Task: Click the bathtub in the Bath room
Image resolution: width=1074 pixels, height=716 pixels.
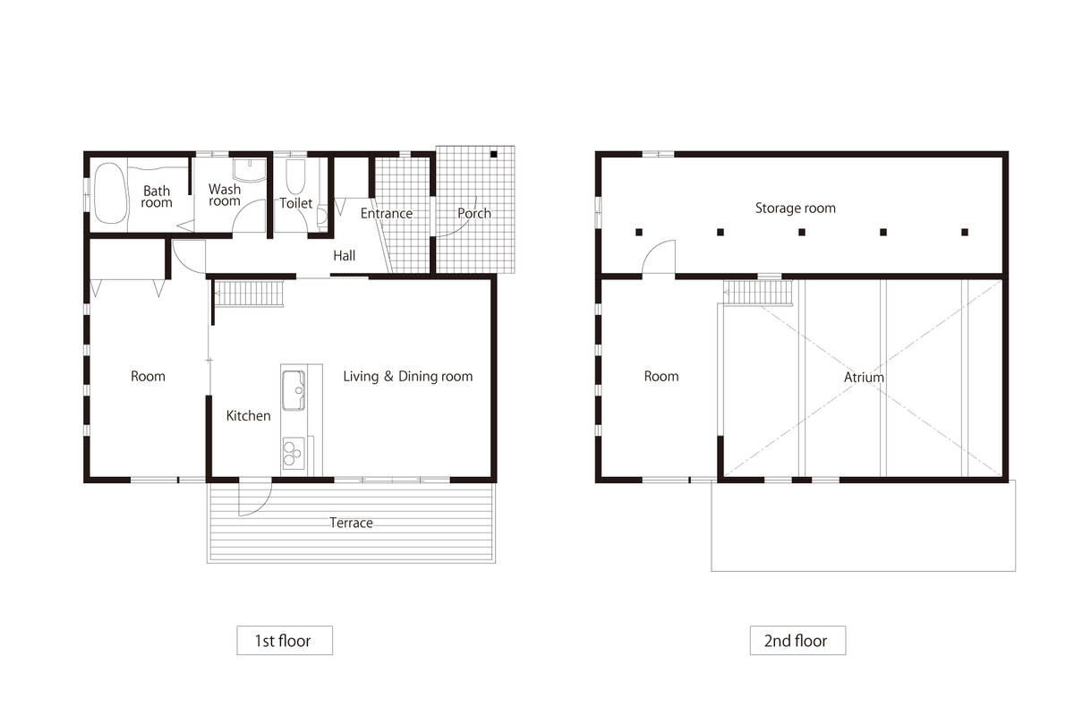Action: (110, 192)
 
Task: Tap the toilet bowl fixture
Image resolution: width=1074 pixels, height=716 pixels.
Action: (296, 176)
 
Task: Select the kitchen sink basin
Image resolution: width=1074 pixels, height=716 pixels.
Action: (294, 390)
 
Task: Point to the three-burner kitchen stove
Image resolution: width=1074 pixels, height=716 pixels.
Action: (293, 453)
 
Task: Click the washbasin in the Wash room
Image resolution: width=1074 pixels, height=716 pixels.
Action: (250, 170)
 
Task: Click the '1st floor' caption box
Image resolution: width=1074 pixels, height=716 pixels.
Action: (285, 640)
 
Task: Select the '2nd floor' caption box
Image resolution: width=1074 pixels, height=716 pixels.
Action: (797, 640)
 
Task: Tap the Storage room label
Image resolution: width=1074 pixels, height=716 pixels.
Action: (796, 209)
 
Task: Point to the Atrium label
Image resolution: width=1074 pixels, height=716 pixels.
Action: (864, 378)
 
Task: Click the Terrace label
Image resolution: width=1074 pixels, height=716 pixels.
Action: (351, 523)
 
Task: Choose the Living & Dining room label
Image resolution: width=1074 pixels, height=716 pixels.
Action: (408, 377)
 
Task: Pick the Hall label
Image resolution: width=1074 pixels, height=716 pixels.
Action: (345, 256)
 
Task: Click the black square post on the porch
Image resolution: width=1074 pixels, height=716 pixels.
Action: (493, 155)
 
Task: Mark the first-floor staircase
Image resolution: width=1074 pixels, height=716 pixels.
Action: (249, 293)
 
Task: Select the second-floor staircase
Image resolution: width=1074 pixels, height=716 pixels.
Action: (758, 292)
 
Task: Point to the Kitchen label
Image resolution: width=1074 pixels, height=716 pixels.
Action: (249, 416)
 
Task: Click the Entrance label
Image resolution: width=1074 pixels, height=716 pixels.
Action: (387, 213)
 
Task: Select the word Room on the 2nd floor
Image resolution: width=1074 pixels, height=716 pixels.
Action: (661, 377)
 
